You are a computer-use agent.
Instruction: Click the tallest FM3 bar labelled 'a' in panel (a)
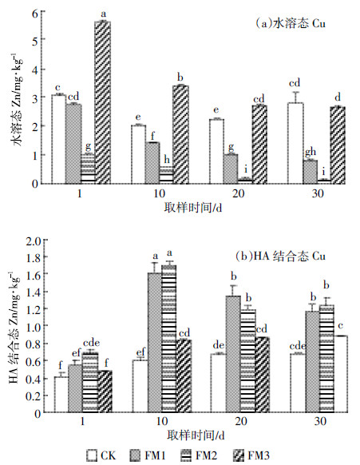[x=102, y=102]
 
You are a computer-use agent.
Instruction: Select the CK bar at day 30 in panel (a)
[x=295, y=143]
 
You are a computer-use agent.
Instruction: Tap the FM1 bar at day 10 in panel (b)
[x=155, y=343]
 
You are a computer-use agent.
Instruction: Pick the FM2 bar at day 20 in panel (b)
[x=248, y=361]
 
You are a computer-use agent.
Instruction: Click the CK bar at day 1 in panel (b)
[x=61, y=395]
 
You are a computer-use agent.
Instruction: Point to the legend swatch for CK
[x=92, y=455]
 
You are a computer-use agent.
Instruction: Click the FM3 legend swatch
[x=239, y=455]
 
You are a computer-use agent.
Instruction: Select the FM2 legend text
[x=206, y=455]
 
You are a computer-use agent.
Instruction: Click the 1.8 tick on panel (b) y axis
[x=34, y=256]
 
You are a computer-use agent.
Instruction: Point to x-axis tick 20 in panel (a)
[x=238, y=193]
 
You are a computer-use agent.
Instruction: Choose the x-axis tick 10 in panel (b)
[x=161, y=421]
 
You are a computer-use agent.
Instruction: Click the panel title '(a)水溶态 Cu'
[x=291, y=23]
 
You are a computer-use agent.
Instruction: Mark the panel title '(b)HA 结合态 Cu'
[x=281, y=256]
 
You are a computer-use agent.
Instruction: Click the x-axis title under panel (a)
[x=193, y=208]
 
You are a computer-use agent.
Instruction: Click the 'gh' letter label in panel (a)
[x=311, y=153]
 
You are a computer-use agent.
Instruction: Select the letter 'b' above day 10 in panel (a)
[x=180, y=77]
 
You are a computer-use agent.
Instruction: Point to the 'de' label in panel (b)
[x=219, y=345]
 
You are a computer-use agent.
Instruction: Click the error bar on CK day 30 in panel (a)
[x=295, y=97]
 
